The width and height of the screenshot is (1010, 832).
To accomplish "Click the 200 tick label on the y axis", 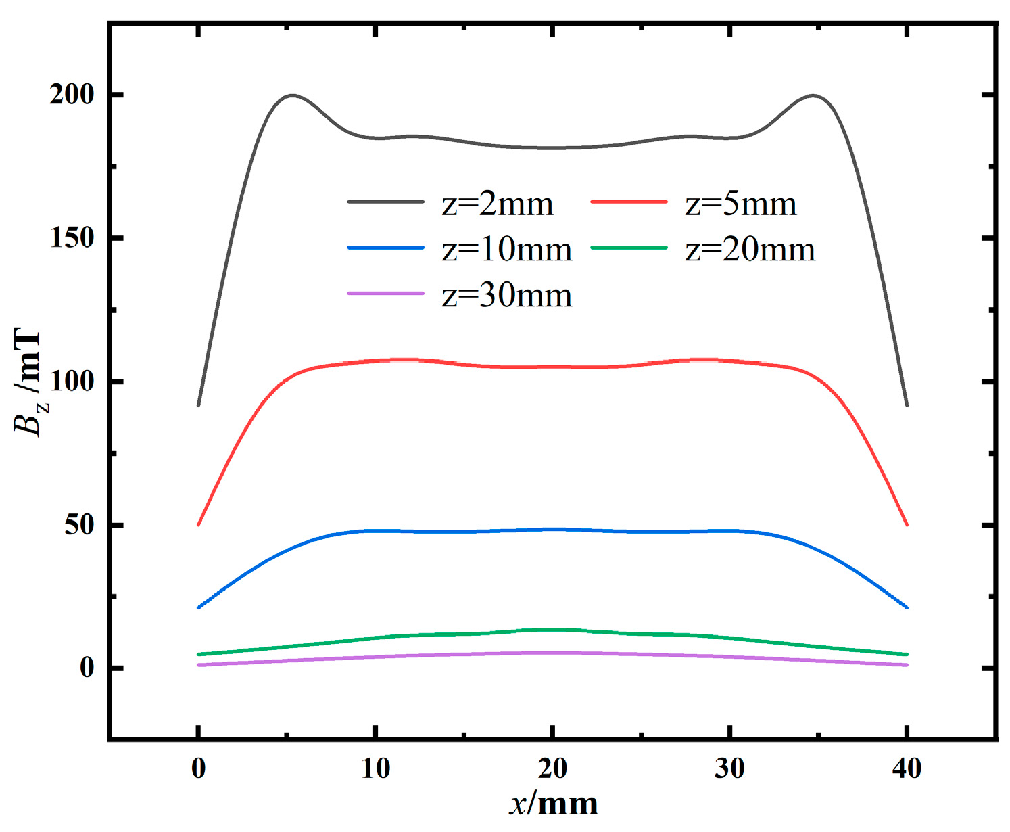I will click(72, 95).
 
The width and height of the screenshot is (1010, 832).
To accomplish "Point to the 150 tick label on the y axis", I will click(72, 238).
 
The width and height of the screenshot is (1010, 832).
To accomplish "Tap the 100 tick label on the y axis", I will click(72, 382).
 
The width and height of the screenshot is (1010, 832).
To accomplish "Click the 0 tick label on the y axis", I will click(87, 668).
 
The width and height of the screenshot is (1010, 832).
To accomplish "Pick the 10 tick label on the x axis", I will click(375, 768).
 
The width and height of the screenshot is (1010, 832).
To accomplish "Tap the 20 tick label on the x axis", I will click(552, 768).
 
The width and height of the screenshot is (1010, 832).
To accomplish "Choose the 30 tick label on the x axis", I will click(729, 768).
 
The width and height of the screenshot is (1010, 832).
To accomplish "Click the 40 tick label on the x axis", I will click(907, 768).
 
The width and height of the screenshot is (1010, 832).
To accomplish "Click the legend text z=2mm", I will click(498, 204).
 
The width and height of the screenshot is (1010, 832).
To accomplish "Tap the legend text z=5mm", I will click(741, 204).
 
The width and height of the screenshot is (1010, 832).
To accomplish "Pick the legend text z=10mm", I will click(507, 250).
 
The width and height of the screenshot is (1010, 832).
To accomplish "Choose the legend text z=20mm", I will click(750, 250).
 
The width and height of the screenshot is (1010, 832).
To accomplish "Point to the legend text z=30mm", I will click(507, 296).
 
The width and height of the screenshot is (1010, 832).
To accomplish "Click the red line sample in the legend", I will click(629, 202).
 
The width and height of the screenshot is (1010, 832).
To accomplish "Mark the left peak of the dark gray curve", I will click(292, 95).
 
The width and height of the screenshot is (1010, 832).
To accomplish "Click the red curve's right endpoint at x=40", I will click(907, 524).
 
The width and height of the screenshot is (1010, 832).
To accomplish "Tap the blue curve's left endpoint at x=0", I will click(198, 607).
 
